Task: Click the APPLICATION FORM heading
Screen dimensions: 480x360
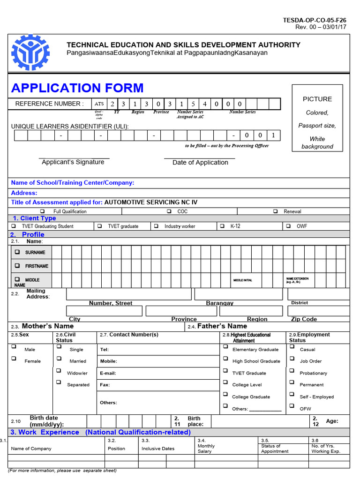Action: (77, 88)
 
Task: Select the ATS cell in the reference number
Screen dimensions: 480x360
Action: (99, 104)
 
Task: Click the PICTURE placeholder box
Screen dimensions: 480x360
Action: (317, 118)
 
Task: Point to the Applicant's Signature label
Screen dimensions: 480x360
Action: (73, 162)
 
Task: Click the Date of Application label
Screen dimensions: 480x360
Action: (200, 163)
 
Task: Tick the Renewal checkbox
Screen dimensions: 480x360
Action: (276, 211)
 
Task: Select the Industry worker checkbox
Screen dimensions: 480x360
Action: (156, 226)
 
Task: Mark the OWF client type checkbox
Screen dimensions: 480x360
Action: (288, 226)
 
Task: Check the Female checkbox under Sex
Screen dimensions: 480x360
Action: (14, 359)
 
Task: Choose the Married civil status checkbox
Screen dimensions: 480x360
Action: (59, 359)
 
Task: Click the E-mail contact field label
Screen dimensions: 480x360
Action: (108, 373)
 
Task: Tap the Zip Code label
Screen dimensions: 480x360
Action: (304, 319)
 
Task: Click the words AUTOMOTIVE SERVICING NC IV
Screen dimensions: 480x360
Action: (151, 202)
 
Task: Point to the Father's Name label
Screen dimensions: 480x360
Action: (222, 326)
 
